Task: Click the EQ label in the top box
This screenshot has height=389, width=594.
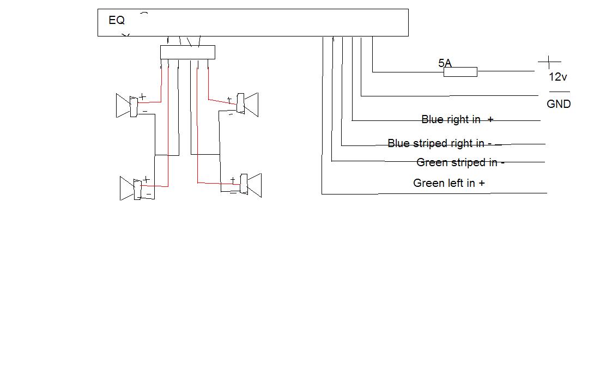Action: pyautogui.click(x=117, y=20)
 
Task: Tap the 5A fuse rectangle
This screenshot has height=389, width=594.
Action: pyautogui.click(x=460, y=72)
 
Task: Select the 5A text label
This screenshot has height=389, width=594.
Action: pyautogui.click(x=445, y=63)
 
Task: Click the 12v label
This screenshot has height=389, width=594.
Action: pyautogui.click(x=558, y=77)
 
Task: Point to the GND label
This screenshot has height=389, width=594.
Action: pyautogui.click(x=559, y=104)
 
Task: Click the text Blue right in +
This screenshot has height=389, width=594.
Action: pyautogui.click(x=457, y=119)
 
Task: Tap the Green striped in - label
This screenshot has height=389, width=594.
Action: pyautogui.click(x=460, y=162)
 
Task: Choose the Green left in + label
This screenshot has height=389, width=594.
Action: pyautogui.click(x=449, y=183)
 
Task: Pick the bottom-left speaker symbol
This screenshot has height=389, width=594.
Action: pyautogui.click(x=132, y=189)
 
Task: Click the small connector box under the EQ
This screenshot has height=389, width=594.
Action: pyautogui.click(x=187, y=52)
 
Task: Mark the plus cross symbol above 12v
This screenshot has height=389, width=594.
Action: pyautogui.click(x=549, y=62)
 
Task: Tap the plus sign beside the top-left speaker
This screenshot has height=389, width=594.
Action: pyautogui.click(x=143, y=97)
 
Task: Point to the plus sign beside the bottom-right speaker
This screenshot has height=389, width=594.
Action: pyautogui.click(x=233, y=179)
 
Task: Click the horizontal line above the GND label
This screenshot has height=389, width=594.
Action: pyautogui.click(x=558, y=92)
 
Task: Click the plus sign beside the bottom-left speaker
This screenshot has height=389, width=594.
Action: pyautogui.click(x=146, y=179)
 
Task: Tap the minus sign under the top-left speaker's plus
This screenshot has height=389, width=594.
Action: pyautogui.click(x=145, y=111)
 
